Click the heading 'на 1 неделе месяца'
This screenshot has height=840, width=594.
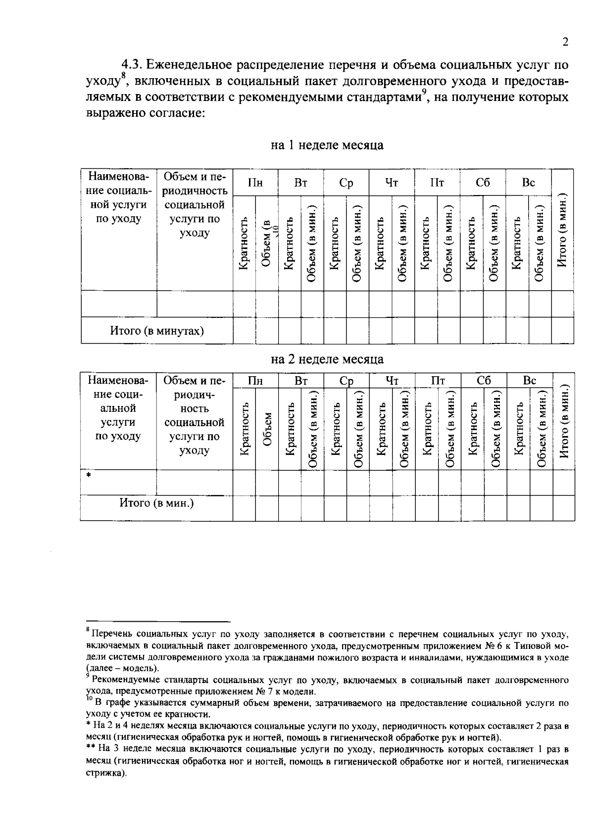(x=327, y=145)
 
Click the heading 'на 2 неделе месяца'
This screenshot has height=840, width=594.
(x=327, y=359)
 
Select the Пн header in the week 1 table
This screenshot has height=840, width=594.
(x=255, y=183)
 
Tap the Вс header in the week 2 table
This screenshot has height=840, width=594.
(x=530, y=380)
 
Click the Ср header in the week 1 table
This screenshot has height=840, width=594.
(x=346, y=183)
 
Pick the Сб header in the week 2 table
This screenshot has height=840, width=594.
(x=484, y=380)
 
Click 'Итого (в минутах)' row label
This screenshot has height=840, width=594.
(x=157, y=331)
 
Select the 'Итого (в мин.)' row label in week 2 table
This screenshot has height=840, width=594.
(x=156, y=503)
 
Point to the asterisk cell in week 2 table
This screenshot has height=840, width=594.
(x=89, y=476)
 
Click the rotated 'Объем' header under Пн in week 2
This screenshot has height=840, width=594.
(x=267, y=429)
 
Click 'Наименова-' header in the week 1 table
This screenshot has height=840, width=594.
(x=118, y=177)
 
